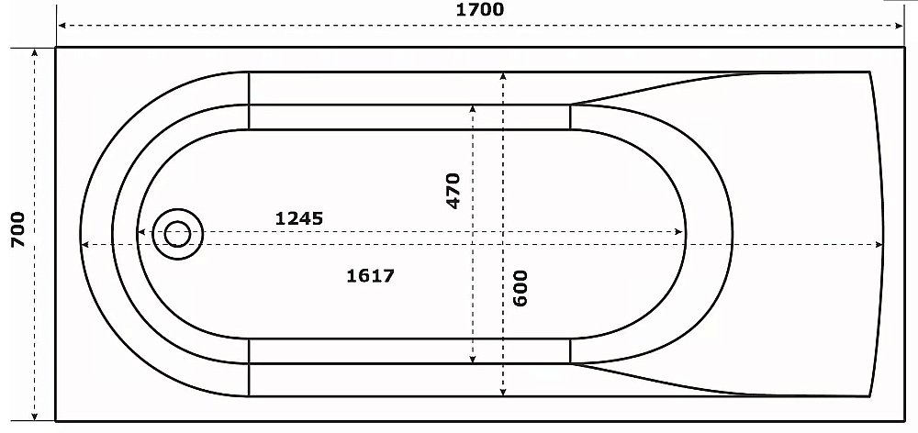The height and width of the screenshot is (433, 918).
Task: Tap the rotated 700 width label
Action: pyautogui.click(x=17, y=228)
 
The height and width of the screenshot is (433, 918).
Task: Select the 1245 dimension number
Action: pyautogui.click(x=298, y=218)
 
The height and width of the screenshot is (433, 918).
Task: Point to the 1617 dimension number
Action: pyautogui.click(x=371, y=275)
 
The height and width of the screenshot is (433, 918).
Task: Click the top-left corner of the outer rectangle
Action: pyautogui.click(x=56, y=48)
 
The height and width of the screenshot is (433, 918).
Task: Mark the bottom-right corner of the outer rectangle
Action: pyautogui.click(x=905, y=420)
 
